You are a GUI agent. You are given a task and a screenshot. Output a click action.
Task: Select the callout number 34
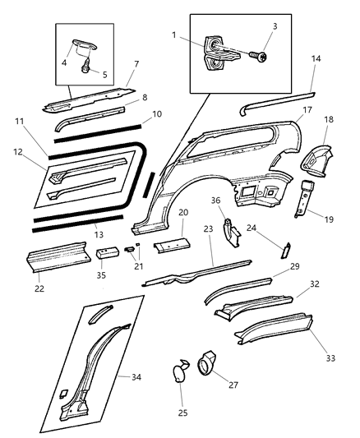[136, 377]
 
